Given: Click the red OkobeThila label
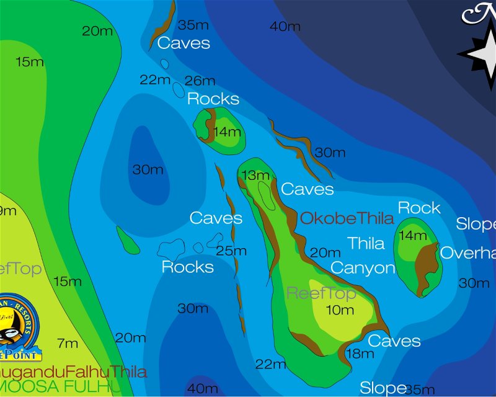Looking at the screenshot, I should click(347, 218).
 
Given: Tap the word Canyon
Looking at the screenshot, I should click(363, 268).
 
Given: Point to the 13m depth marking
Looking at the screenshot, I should click(255, 176).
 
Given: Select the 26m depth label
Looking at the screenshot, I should click(200, 81).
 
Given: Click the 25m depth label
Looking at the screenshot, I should click(231, 251).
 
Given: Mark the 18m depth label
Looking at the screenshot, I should click(360, 354).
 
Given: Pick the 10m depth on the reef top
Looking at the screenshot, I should click(340, 310).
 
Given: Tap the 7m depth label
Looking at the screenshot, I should click(67, 343).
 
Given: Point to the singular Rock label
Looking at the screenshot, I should click(419, 208).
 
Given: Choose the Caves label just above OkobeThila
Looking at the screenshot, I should click(308, 189).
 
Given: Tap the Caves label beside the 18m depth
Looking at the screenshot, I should click(394, 341).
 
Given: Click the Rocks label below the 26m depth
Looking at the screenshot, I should click(213, 99).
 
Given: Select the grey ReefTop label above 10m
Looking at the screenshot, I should click(321, 293).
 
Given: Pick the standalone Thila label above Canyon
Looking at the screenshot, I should click(366, 243).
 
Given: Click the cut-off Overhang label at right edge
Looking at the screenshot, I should click(468, 253).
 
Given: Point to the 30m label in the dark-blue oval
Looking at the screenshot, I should click(148, 169).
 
